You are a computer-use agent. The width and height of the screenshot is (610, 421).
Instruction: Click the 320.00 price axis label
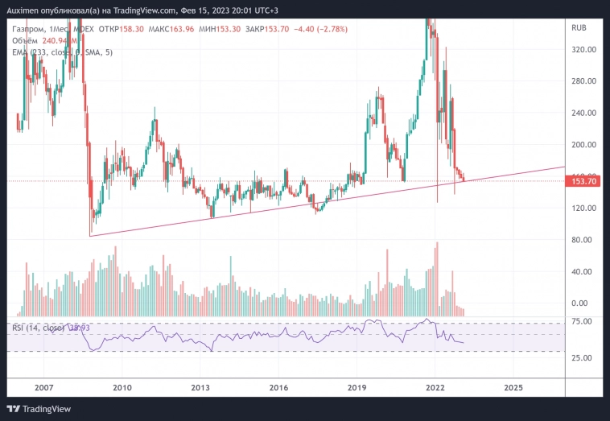583,50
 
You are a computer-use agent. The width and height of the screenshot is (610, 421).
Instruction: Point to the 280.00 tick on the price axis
583,81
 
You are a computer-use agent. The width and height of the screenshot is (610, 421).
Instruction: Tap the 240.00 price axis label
583,114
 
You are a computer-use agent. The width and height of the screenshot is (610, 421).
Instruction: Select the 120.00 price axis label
583,208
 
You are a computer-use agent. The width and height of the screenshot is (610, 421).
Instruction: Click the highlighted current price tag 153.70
583,182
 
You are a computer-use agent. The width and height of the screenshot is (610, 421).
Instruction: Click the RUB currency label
579,28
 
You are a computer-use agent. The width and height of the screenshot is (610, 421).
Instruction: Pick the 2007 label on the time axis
43,387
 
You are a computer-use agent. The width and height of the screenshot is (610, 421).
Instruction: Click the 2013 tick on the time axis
200,387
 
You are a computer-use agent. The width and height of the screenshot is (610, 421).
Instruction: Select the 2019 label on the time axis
357,387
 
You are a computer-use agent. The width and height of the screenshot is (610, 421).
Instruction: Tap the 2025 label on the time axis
513,387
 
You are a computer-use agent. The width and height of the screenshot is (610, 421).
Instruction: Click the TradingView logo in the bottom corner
40,409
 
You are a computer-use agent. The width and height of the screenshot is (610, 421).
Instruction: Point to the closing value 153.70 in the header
293,28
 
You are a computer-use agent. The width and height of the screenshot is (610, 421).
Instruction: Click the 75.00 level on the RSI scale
581,322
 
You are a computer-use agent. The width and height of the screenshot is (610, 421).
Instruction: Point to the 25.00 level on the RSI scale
581,358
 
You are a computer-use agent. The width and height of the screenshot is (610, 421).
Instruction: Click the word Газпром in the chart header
28,28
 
